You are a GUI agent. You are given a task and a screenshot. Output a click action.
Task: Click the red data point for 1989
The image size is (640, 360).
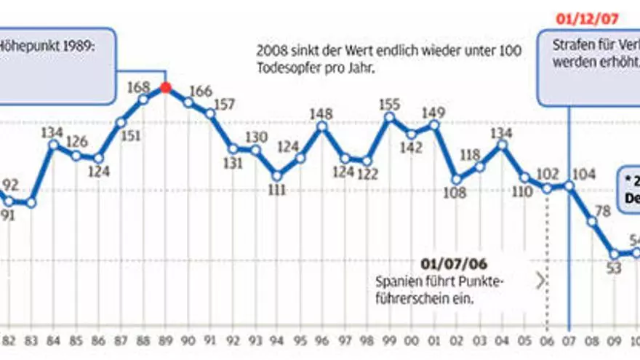click(x=166, y=88)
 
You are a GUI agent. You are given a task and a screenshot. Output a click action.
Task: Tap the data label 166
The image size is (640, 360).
click(x=199, y=92)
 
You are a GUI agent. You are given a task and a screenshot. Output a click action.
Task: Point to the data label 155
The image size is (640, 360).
click(x=390, y=104)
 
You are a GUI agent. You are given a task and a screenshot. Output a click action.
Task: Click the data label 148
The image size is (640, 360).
click(x=321, y=113)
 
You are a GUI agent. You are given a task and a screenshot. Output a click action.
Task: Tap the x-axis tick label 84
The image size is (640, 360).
click(x=53, y=340)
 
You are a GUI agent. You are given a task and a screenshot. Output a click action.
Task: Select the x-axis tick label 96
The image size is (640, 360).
click(x=322, y=340)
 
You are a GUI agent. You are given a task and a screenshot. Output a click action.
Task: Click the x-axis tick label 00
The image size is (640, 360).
click(x=412, y=340)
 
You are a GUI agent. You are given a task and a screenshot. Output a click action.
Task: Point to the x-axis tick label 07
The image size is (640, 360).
click(x=569, y=340)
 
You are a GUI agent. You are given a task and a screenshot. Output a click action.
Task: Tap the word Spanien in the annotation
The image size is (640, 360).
click(x=395, y=281)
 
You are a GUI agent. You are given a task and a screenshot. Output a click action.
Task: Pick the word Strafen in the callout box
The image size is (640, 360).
click(x=570, y=45)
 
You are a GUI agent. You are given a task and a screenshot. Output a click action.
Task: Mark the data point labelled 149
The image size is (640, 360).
click(x=434, y=124)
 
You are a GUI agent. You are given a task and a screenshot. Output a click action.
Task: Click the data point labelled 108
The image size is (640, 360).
click(x=457, y=179)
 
